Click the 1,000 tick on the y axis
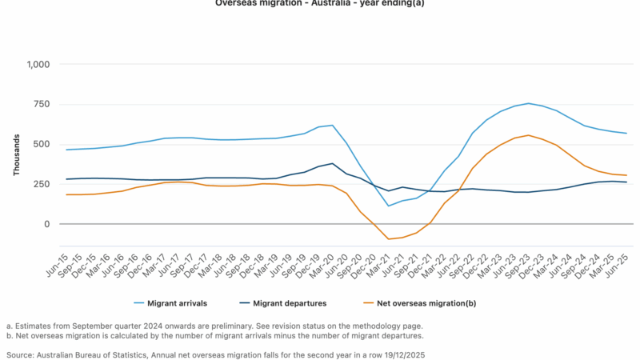pyautogui.click(x=37, y=64)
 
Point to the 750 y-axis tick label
pyautogui.click(x=41, y=104)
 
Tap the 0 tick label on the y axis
pyautogui.click(x=47, y=224)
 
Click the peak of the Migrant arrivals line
pyautogui.click(x=528, y=103)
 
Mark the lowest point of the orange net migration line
pyautogui.click(x=389, y=239)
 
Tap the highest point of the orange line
pyautogui.click(x=528, y=135)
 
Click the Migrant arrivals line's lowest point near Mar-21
pyautogui.click(x=389, y=206)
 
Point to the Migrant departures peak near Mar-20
pyautogui.click(x=333, y=163)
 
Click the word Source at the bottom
pyautogui.click(x=19, y=354)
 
